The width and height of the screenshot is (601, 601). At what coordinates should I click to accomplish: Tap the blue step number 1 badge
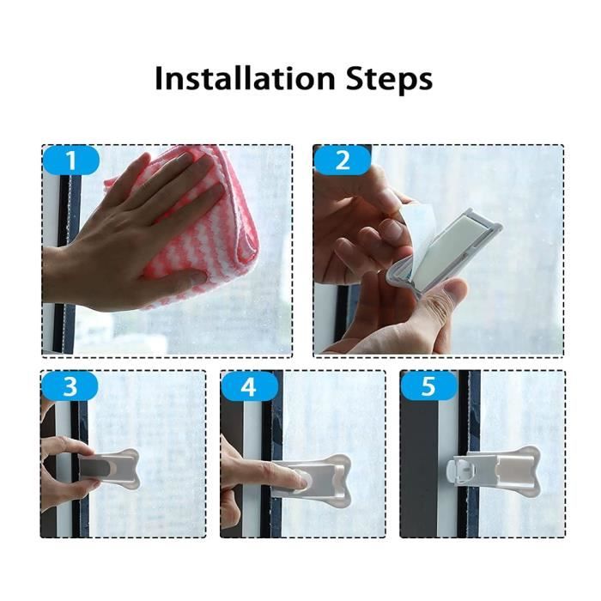(71, 161)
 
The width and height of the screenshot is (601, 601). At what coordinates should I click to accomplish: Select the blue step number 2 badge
(343, 161)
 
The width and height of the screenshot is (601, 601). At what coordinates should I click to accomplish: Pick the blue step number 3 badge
(70, 386)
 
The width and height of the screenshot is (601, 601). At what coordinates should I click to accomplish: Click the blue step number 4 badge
(249, 386)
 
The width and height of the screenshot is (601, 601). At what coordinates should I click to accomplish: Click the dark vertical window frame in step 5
(473, 507)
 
